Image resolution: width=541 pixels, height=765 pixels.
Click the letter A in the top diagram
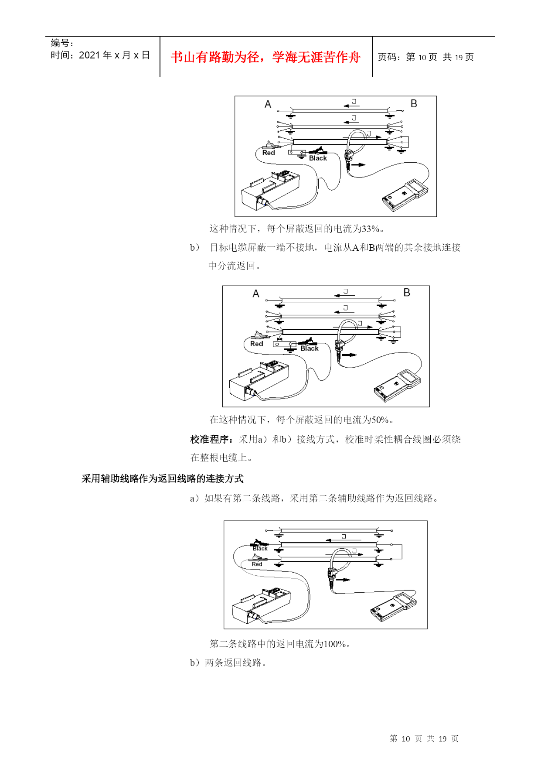(268, 104)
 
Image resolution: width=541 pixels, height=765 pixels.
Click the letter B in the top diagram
(414, 104)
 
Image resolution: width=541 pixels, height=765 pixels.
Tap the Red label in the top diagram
(269, 153)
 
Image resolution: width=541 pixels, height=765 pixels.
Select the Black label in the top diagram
(318, 158)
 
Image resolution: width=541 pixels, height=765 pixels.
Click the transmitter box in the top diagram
(270, 191)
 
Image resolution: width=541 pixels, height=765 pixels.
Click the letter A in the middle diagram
(256, 294)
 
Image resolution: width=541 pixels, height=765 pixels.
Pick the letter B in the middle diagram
(407, 293)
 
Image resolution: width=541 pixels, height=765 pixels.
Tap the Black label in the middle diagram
(310, 348)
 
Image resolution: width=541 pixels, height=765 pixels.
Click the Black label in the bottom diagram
(260, 549)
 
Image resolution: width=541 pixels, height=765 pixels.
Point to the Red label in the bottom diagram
(257, 564)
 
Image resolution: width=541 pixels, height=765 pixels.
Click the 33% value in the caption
(371, 229)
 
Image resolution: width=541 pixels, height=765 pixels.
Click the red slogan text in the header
(266, 57)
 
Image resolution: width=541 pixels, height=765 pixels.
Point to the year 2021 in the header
(89, 55)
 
